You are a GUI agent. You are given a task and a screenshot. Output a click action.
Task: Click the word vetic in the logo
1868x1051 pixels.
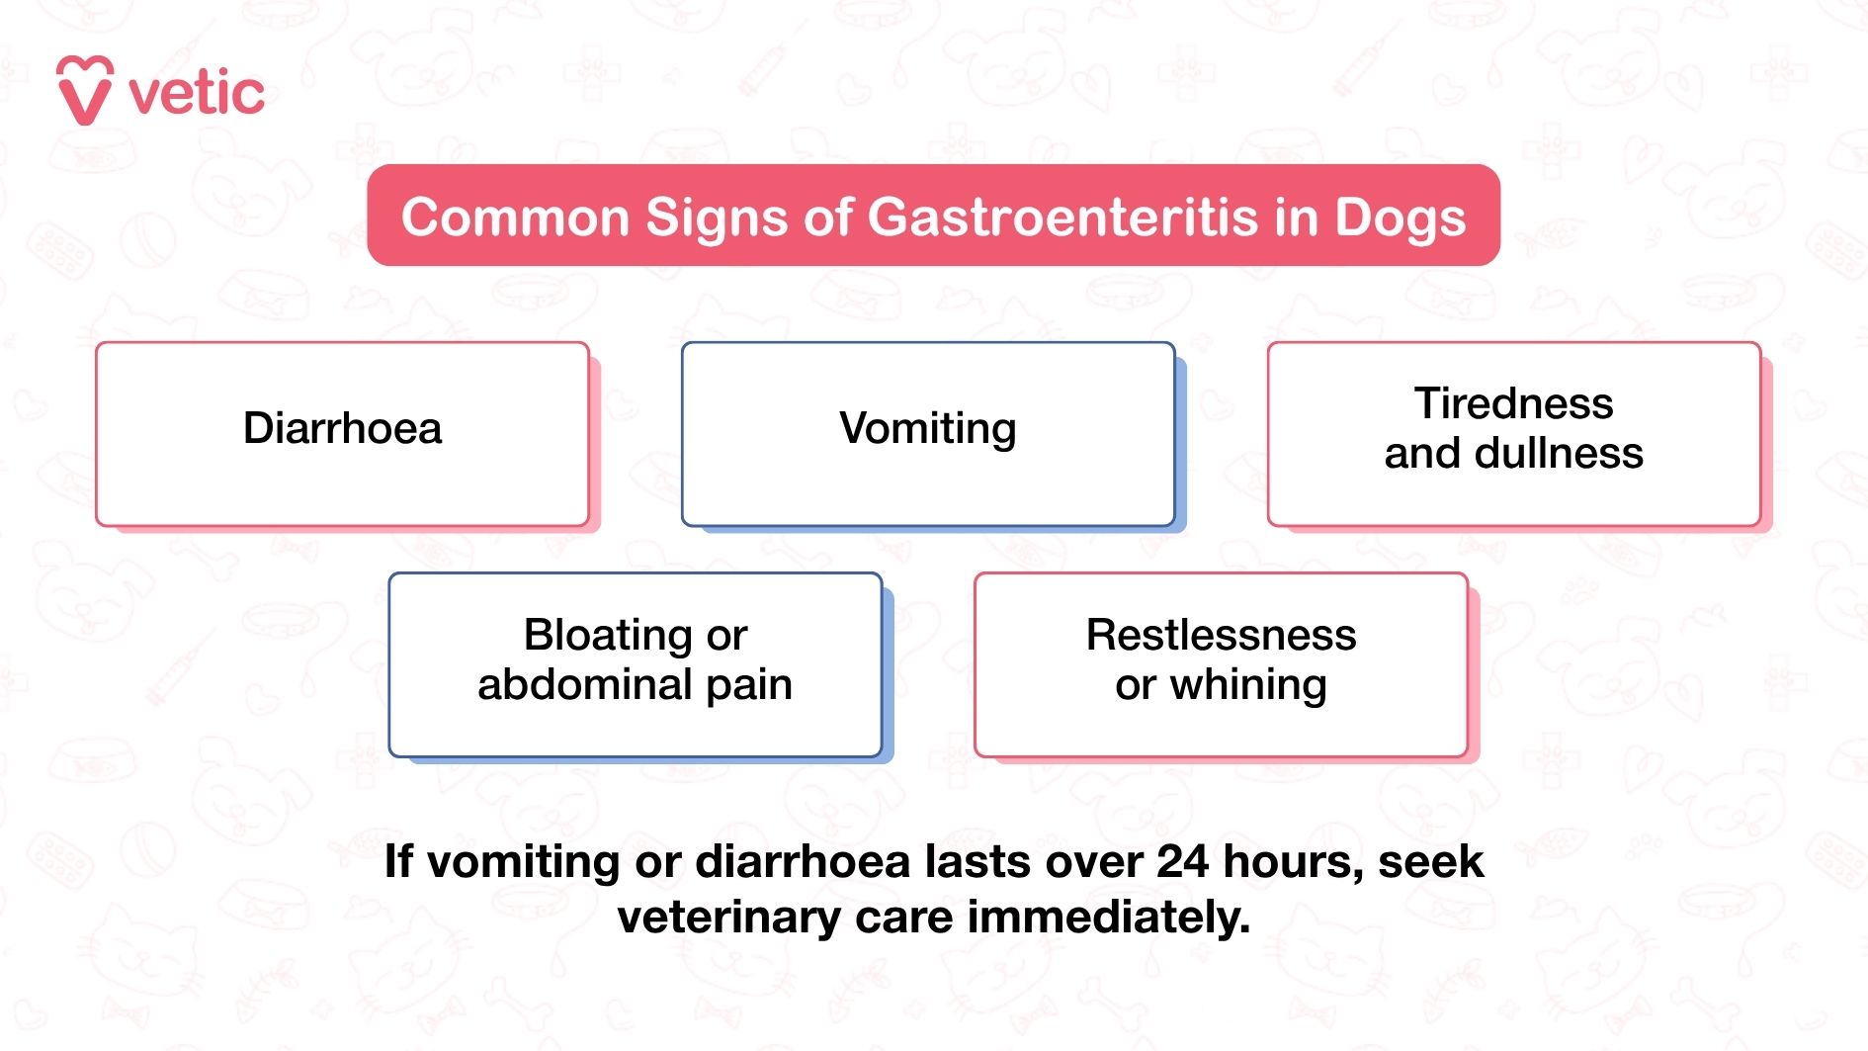[x=197, y=94]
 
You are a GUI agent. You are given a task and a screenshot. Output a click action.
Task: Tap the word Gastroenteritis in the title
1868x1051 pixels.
[x=1063, y=218]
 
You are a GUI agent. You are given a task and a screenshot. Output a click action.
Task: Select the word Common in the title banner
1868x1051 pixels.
[x=515, y=218]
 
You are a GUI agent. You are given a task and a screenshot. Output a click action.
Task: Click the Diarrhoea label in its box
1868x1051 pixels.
[x=342, y=429]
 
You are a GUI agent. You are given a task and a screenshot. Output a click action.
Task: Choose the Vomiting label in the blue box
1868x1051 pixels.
[x=927, y=429]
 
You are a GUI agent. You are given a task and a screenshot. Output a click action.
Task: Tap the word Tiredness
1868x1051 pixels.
[x=1513, y=403]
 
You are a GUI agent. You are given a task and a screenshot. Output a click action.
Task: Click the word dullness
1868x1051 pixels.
[x=1559, y=453]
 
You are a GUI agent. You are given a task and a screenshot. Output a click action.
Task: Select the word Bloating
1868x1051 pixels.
[x=608, y=635]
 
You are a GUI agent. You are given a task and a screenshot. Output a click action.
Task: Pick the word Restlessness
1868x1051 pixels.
[x=1221, y=635]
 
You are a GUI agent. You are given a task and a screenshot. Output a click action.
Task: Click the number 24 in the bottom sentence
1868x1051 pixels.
[x=1182, y=861]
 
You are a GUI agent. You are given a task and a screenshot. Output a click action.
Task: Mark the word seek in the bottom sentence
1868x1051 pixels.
[x=1430, y=861]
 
